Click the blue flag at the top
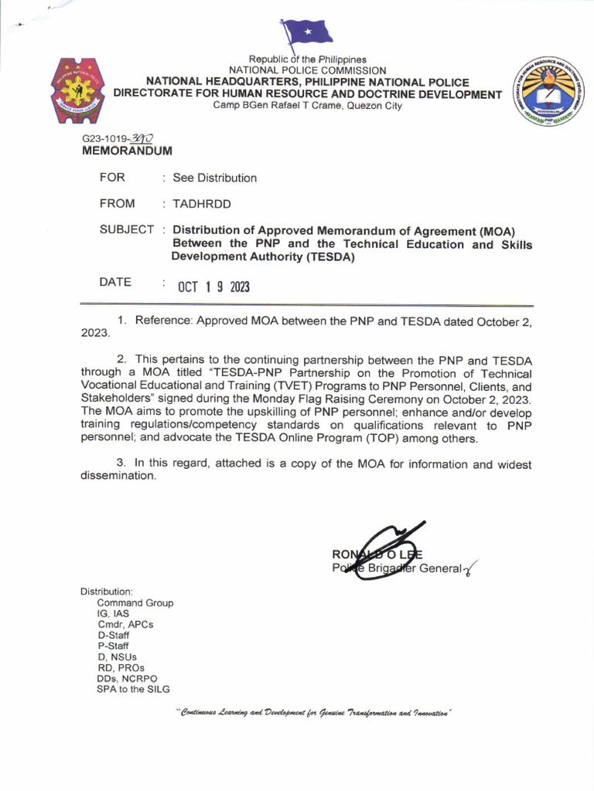coord(308,32)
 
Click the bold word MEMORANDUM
coord(127,151)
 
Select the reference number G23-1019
coord(105,139)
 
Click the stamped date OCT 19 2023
coord(213,287)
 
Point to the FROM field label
coord(117,203)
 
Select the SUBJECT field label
coord(126,229)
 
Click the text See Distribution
coord(214,178)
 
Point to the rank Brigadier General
coord(418,569)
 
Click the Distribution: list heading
coord(107,591)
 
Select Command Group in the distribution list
coord(135,603)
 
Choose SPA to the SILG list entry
coord(132,689)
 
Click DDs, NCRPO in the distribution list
coord(127,678)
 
